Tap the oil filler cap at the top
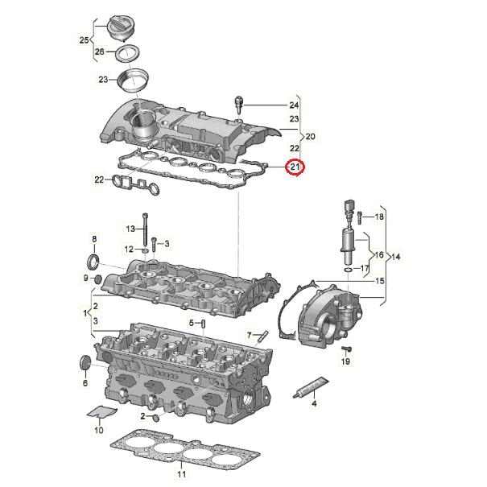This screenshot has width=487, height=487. [120, 31]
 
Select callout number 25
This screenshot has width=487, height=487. [84, 39]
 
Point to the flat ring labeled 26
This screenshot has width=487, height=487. [125, 54]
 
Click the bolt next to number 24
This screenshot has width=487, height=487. [238, 102]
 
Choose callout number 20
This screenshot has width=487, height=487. [311, 136]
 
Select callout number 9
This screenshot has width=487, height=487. [86, 279]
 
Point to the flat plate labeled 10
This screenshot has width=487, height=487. [100, 413]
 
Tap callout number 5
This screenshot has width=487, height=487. [192, 323]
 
